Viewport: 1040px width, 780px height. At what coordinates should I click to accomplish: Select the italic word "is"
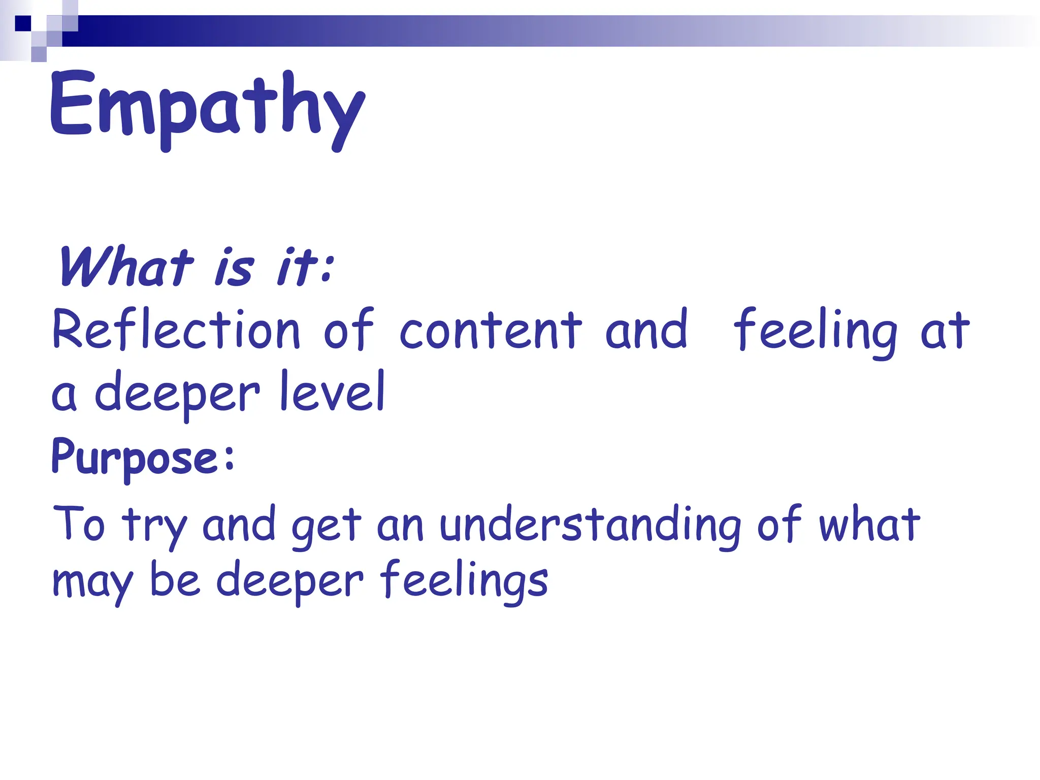coord(234,268)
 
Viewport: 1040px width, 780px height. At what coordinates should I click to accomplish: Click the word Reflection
coord(176,330)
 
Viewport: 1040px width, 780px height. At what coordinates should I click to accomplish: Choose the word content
coord(491,330)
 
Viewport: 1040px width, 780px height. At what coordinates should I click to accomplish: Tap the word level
coord(333,391)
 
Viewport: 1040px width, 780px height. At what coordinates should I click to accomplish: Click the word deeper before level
coord(177,394)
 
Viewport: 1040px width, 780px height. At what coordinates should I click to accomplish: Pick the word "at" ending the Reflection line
coord(945,331)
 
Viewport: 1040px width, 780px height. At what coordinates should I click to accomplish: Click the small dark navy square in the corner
coord(23,23)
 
